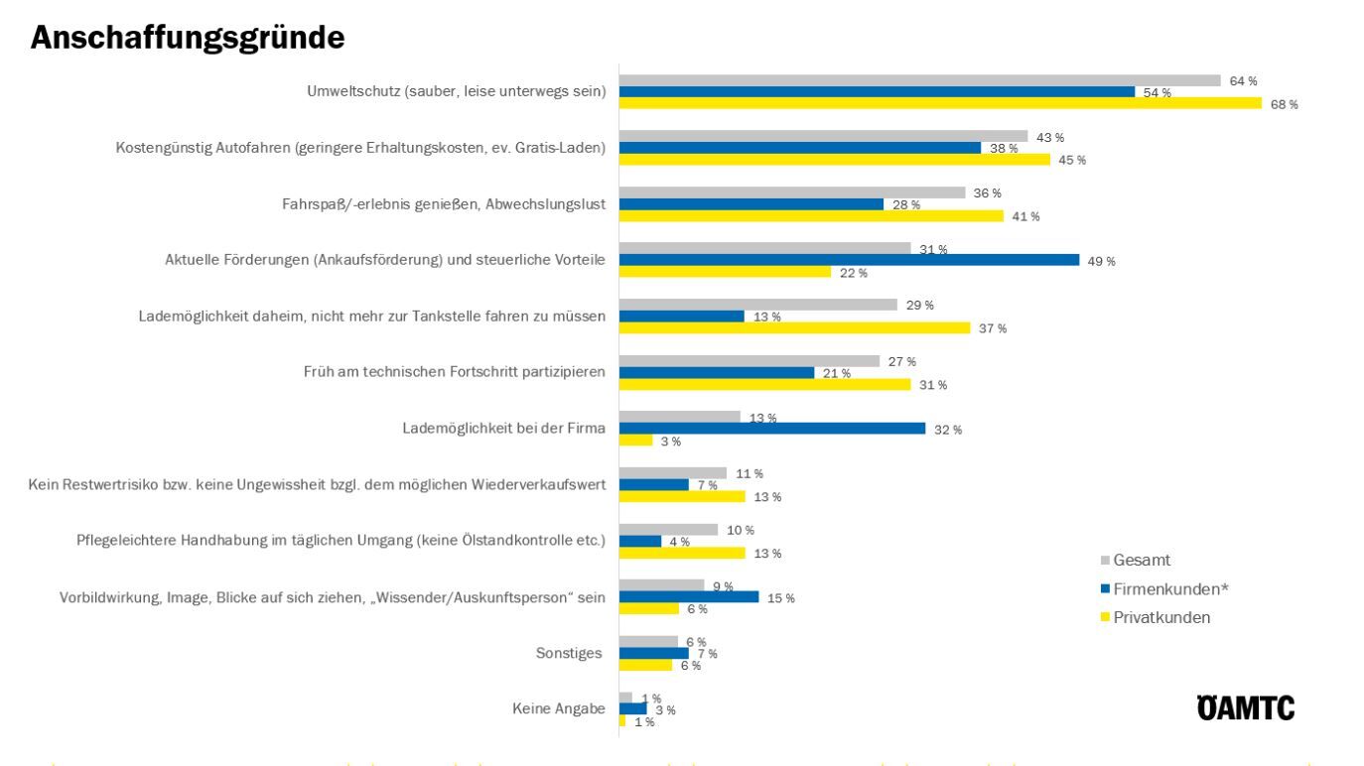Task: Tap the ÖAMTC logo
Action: tap(1245, 708)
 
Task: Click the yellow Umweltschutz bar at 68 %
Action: tap(939, 104)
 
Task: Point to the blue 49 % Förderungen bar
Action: tap(849, 260)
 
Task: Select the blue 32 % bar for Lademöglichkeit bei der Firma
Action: tap(771, 429)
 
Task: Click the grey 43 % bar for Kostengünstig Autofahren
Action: tap(823, 136)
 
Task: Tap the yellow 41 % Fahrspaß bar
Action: tap(810, 216)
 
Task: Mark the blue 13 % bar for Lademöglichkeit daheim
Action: tap(681, 317)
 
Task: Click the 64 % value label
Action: tap(1243, 81)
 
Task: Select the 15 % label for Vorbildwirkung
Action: tap(781, 598)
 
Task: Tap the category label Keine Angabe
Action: tap(559, 709)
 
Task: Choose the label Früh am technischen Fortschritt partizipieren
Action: tap(456, 373)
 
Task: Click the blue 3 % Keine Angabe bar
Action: tap(632, 709)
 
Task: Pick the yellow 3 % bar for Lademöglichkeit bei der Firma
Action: tap(635, 441)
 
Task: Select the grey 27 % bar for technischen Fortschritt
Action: tap(749, 361)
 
